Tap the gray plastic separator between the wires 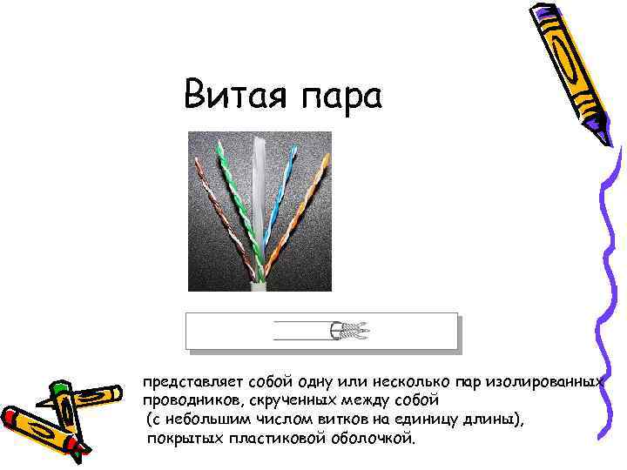261,200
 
